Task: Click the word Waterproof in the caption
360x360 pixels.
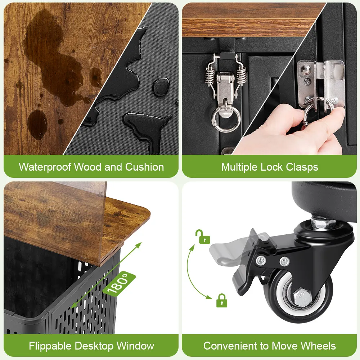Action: coord(45,167)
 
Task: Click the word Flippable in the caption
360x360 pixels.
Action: coord(50,346)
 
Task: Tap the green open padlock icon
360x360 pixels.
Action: coord(202,237)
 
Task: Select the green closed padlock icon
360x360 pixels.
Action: coord(222,300)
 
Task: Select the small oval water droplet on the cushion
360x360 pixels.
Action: coord(161,87)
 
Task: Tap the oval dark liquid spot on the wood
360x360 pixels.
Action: coord(37,124)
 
